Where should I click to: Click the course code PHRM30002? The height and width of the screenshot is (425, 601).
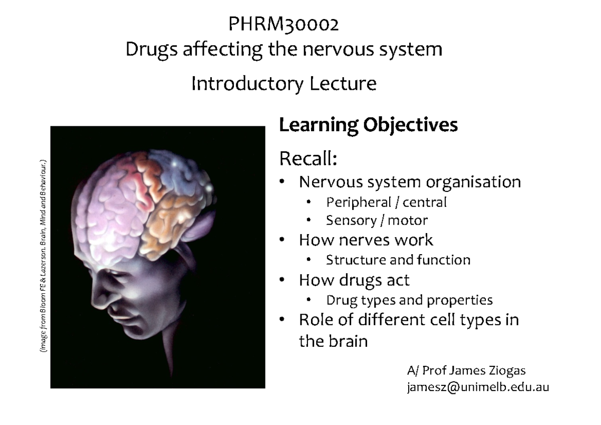(284, 24)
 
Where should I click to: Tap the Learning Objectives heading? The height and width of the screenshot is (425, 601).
(368, 125)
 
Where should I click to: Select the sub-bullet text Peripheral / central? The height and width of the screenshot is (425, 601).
(386, 202)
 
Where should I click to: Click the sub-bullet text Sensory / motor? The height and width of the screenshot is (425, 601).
(377, 220)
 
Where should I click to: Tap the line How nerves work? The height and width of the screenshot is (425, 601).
(366, 240)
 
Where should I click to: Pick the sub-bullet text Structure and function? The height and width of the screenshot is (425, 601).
(398, 260)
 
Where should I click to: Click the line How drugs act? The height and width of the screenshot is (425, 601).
(354, 280)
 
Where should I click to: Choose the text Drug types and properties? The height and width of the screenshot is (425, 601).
(409, 300)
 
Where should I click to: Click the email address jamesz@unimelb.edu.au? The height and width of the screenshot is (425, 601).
(478, 386)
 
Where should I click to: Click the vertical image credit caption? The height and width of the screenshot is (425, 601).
(44, 256)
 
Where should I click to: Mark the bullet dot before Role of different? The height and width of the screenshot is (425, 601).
(283, 319)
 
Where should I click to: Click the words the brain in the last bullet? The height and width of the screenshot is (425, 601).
(333, 341)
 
